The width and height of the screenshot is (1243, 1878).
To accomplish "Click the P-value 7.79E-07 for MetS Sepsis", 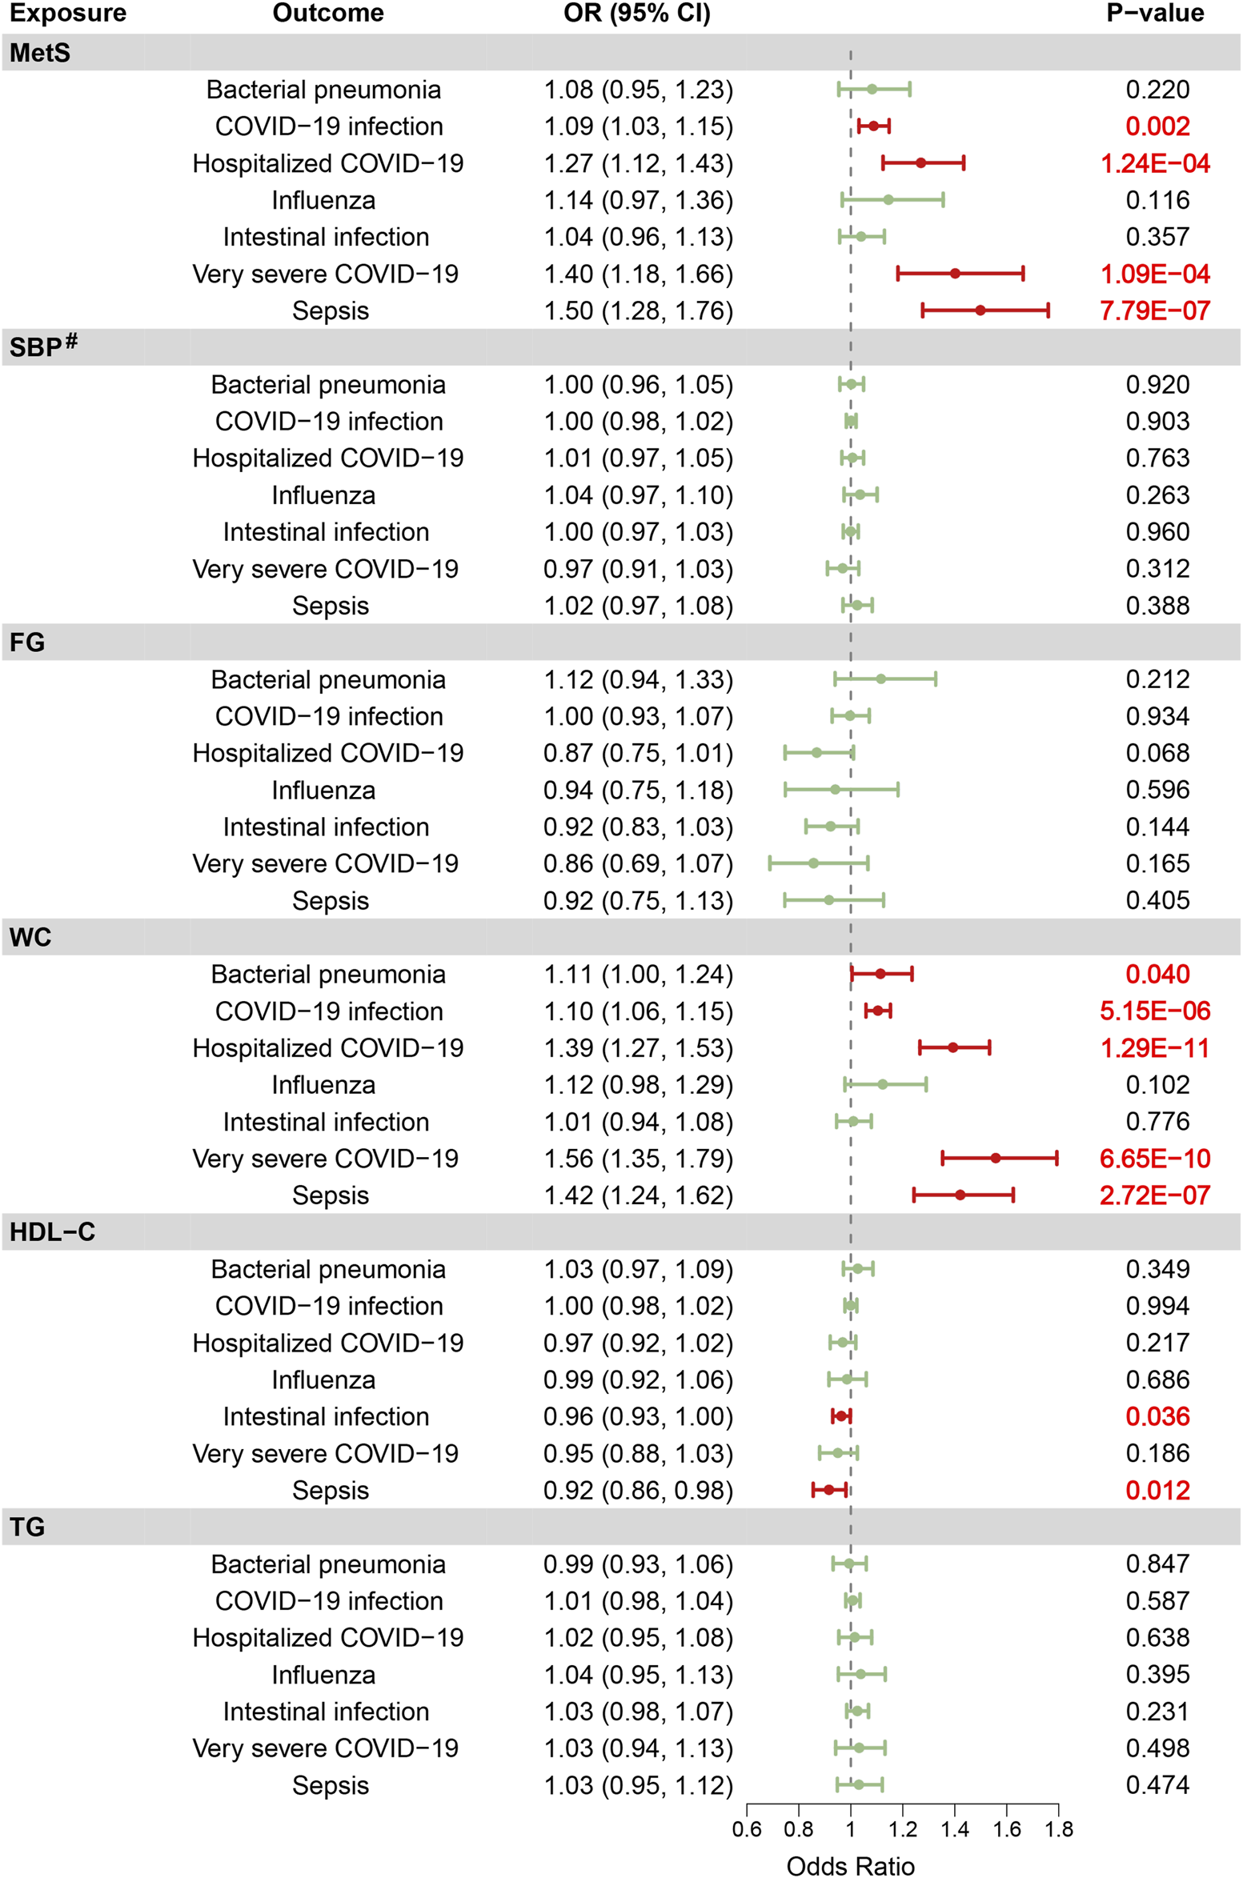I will coord(1154,310).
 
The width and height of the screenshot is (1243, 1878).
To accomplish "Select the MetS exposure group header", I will coord(40,53).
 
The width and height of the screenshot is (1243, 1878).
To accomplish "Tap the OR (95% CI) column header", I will coord(636,14).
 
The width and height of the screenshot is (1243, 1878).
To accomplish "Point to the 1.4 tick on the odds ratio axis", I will coord(954,1829).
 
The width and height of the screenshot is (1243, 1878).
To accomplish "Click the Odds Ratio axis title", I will coord(850,1865).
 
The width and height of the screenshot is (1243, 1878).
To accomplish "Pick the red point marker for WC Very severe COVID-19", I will coord(995,1158).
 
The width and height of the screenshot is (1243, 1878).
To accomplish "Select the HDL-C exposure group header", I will coord(52,1231).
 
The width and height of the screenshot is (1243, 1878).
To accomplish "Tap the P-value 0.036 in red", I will coord(1157,1416).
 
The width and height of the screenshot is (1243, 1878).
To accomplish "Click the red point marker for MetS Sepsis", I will coord(980,310).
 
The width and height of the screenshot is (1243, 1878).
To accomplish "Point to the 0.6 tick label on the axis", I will coord(746,1829).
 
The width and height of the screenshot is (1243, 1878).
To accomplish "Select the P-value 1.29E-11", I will coord(1154,1048).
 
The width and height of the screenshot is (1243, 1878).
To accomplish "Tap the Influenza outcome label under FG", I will coord(323,790).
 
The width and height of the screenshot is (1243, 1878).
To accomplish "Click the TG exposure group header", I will coord(27,1527).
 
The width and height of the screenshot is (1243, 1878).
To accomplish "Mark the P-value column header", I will coord(1154,14).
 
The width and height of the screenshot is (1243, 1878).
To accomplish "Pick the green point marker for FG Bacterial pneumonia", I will coord(880,679).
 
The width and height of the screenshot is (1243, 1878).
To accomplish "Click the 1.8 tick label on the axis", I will coord(1058,1829).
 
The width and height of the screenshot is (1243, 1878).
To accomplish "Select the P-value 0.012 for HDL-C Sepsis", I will coord(1157,1490).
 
